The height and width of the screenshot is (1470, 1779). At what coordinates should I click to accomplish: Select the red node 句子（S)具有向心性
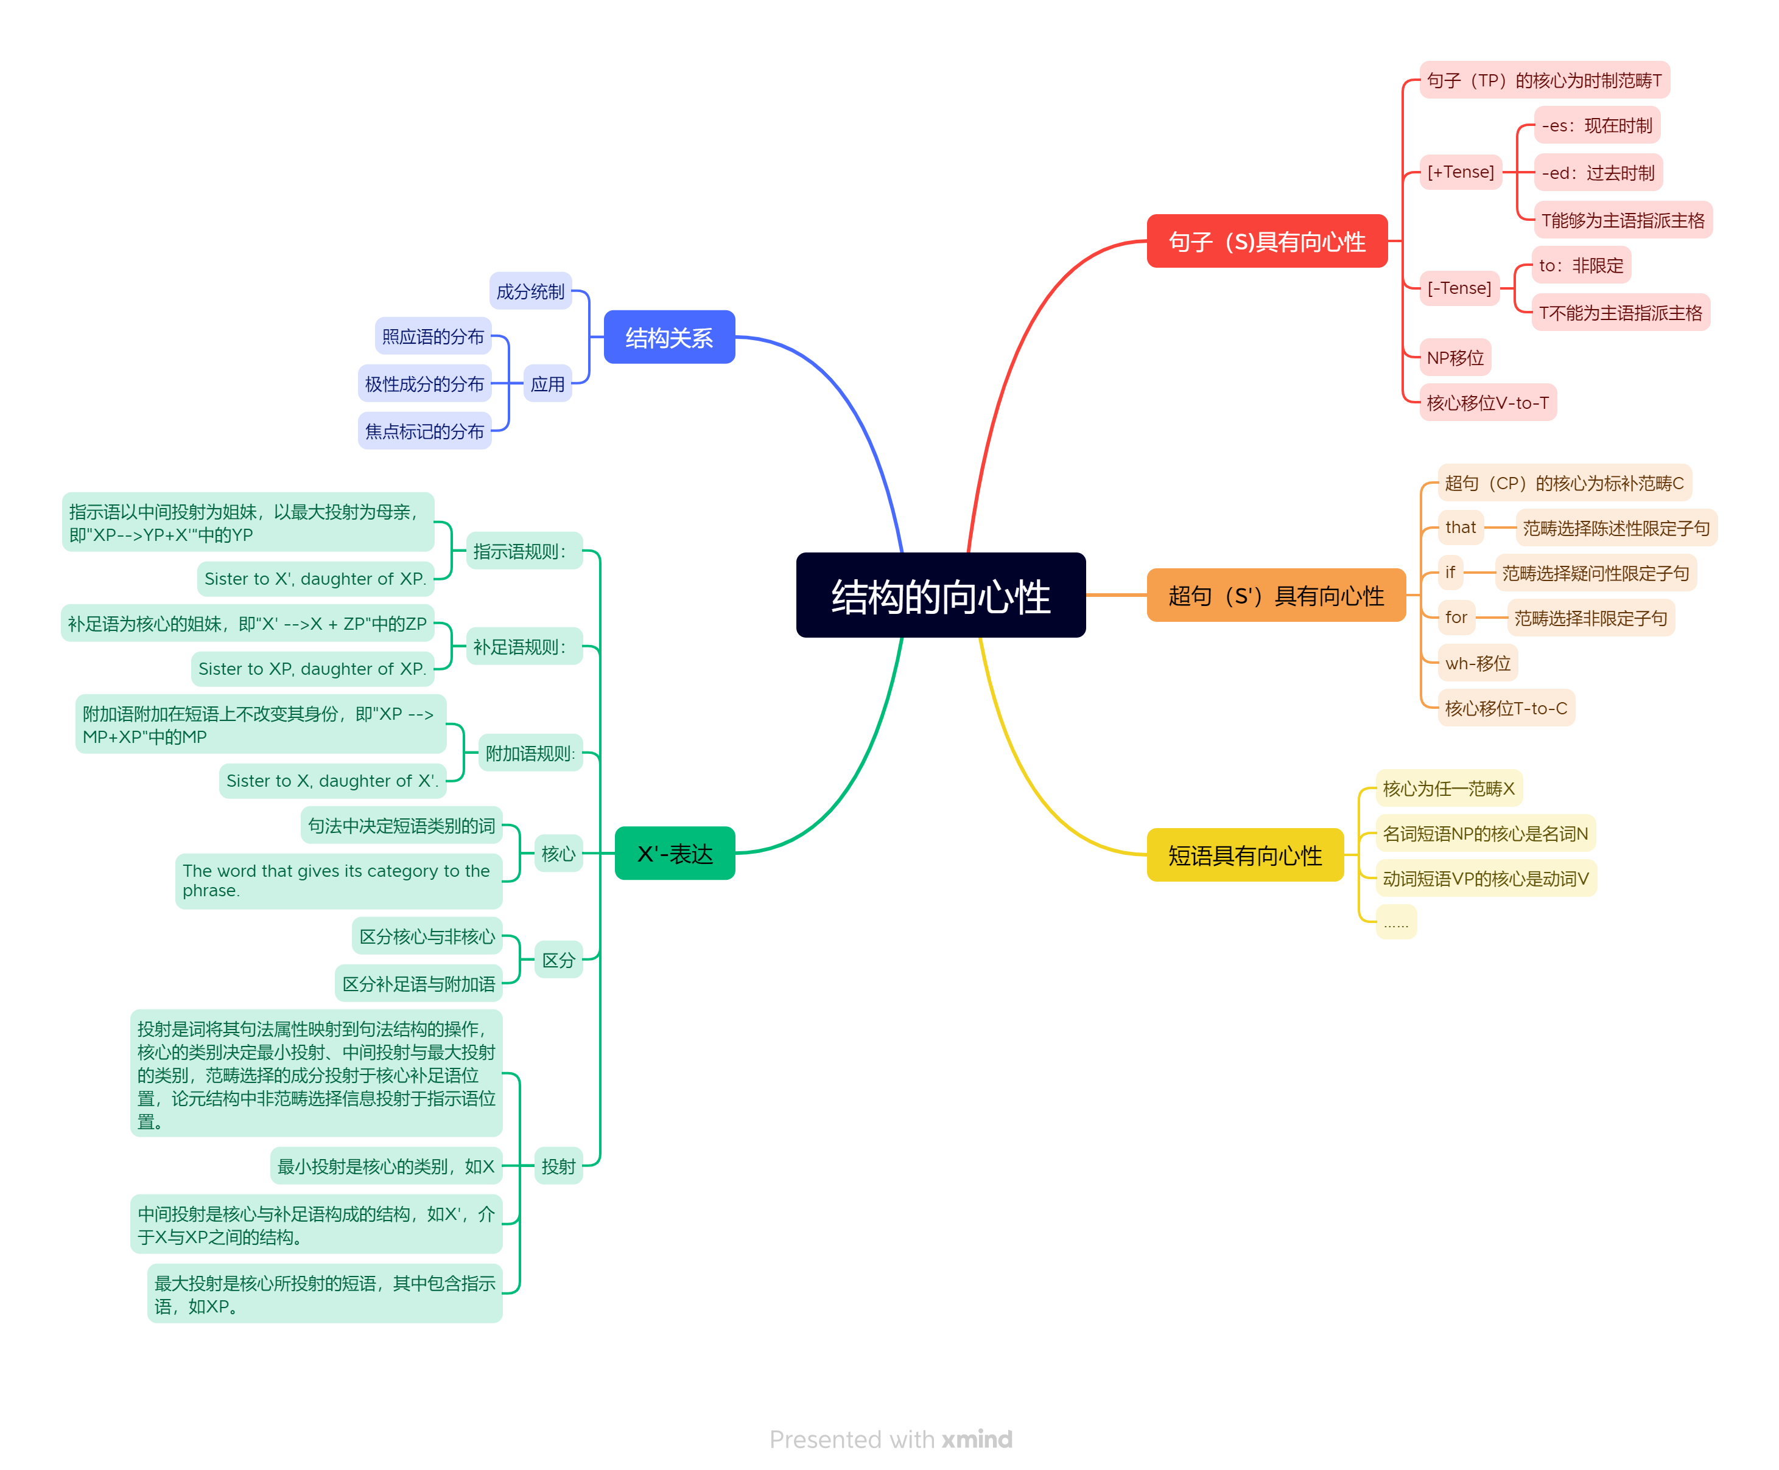[1266, 242]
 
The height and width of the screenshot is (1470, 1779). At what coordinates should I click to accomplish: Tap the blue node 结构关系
[668, 337]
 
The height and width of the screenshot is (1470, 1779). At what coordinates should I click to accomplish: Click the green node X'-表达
[675, 854]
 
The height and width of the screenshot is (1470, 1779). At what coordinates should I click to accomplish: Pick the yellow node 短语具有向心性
[1244, 855]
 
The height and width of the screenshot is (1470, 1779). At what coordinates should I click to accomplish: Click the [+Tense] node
[1461, 172]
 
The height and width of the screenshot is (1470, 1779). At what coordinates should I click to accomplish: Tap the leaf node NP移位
[1454, 357]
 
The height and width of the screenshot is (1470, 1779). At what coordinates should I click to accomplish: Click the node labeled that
[1461, 528]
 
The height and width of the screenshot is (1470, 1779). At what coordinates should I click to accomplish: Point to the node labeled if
[1450, 573]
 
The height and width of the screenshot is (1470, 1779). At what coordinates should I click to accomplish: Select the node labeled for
[1455, 618]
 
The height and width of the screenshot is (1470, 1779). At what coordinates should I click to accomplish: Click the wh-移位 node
[1478, 663]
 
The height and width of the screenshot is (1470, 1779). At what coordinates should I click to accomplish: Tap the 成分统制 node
[530, 291]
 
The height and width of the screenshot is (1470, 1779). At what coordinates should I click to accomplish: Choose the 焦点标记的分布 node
[424, 431]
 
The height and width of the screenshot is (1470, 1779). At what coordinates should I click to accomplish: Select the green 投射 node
[558, 1166]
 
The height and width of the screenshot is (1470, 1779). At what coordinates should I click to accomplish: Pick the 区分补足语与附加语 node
[418, 984]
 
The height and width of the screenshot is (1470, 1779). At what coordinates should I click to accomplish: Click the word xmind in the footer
[977, 1440]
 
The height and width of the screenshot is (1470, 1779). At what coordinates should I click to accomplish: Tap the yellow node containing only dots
[1395, 923]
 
